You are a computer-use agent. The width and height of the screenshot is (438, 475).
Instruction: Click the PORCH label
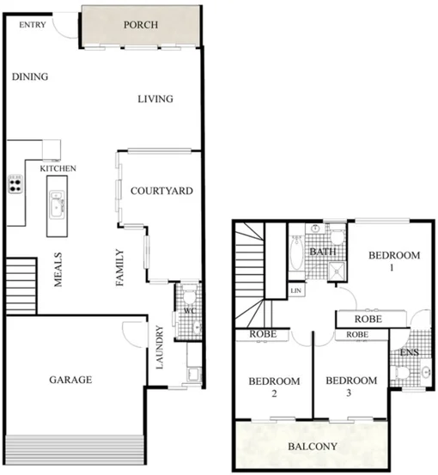click(x=141, y=25)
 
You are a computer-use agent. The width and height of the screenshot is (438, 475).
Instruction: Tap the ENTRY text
click(x=33, y=25)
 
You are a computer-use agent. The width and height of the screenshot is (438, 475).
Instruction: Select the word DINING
click(x=30, y=77)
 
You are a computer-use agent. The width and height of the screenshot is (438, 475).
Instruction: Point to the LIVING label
click(x=156, y=99)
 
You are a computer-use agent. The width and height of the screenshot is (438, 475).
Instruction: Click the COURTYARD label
click(x=161, y=191)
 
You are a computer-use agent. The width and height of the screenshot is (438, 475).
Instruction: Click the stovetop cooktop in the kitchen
click(x=15, y=183)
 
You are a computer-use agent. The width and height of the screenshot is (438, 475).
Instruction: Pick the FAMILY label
click(x=120, y=268)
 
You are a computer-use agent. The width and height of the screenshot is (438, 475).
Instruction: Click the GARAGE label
click(x=70, y=379)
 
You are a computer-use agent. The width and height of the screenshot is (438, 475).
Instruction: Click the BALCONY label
click(x=313, y=447)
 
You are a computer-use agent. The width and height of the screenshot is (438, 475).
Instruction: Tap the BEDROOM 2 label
click(x=273, y=387)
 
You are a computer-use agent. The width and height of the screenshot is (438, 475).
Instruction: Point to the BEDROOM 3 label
click(x=351, y=387)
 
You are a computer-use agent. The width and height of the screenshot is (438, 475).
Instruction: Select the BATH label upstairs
click(x=323, y=253)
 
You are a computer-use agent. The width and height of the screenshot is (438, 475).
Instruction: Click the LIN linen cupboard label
click(x=296, y=292)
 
